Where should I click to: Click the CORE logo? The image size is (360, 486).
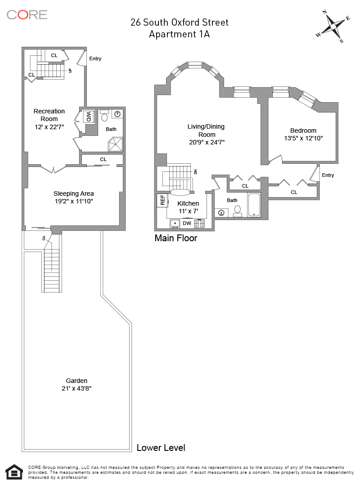pos(27,14)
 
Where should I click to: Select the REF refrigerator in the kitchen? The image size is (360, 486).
pos(162,200)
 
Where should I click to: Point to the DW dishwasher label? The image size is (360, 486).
pos(187,223)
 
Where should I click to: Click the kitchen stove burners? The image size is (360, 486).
pos(199,224)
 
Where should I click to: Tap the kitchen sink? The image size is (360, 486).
pos(175,224)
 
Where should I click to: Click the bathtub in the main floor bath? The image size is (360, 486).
pos(254,205)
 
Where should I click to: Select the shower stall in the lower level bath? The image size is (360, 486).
pos(115,144)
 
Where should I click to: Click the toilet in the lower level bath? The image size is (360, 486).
pos(104,115)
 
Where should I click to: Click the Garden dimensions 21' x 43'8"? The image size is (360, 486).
pos(76,388)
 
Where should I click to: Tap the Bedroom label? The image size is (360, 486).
pos(303,130)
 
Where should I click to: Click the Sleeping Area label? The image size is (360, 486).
pos(73,193)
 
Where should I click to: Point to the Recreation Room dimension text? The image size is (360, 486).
pos(49,126)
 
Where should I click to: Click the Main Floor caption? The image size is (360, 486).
pos(176,238)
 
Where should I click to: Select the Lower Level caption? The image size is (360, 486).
pos(161,448)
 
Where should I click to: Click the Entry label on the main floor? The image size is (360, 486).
pos(328,175)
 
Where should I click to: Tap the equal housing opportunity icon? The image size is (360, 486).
pos(14,472)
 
